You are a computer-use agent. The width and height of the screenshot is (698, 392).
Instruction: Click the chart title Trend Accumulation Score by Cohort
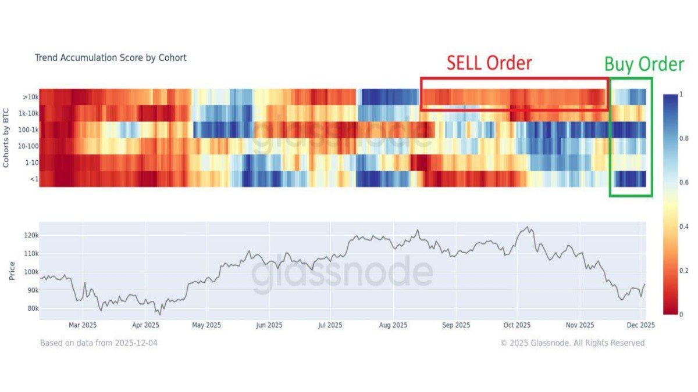[111, 58]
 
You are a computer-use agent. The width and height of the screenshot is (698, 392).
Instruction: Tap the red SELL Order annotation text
[489, 63]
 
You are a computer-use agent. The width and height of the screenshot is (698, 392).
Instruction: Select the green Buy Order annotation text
[644, 64]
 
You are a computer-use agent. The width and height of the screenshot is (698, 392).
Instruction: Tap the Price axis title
[12, 271]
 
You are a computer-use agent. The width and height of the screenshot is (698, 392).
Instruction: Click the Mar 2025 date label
[82, 325]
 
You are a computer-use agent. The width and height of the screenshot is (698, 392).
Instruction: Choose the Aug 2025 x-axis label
[393, 325]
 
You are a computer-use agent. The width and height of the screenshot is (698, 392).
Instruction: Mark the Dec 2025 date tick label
[640, 325]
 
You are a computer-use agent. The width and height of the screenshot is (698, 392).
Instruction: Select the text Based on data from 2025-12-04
[98, 343]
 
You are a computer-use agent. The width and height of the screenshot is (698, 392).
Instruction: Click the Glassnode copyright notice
[572, 343]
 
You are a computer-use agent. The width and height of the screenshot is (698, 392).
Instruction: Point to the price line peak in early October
[528, 227]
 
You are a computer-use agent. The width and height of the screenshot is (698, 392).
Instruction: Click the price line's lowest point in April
[158, 314]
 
